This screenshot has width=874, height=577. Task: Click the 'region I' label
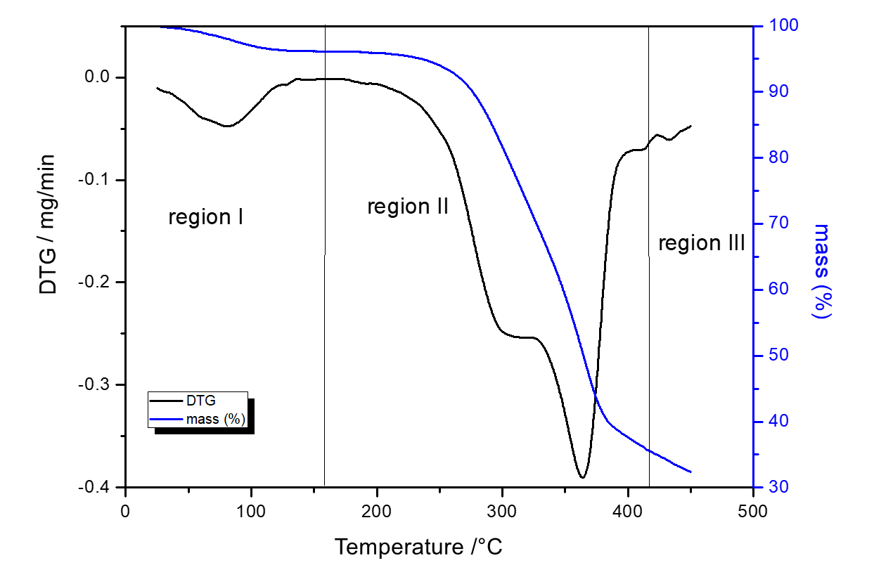205,218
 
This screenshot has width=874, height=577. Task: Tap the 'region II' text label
408,207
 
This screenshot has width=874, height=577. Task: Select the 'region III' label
701,244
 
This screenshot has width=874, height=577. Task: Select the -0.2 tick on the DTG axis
98,283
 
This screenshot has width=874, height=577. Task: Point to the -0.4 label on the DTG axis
98,487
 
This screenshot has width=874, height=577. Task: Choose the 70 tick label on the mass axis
772,223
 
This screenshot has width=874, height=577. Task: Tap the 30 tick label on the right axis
772,487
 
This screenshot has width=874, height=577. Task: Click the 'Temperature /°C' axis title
418,546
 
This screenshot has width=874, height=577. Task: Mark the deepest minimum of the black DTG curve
581,478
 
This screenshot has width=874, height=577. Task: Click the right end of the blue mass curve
690,472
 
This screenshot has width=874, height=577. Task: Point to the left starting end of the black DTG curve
157,88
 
